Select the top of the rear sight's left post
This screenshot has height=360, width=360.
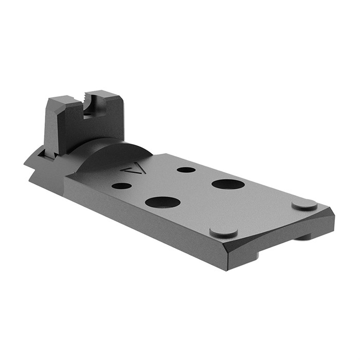(64, 99)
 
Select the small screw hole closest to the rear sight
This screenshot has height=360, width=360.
(121, 186)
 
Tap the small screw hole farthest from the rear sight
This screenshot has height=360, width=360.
(186, 169)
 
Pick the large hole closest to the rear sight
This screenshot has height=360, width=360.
(163, 202)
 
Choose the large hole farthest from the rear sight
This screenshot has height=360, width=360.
(228, 184)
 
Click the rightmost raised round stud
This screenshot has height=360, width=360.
(304, 204)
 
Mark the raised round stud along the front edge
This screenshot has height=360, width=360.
(224, 231)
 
